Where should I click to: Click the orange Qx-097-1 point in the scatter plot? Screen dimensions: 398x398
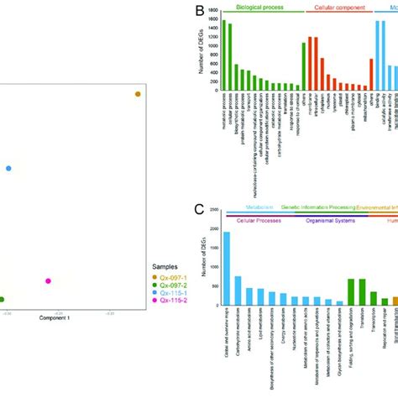click(x=139, y=95)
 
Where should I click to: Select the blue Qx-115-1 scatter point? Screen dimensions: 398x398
click(x=9, y=169)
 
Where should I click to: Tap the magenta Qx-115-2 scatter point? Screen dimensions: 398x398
click(x=48, y=280)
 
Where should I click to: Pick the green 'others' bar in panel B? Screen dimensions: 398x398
click(x=303, y=66)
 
